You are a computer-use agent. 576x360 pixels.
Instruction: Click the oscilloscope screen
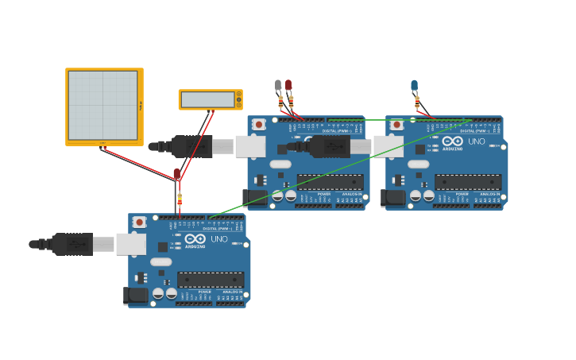pyautogui.click(x=103, y=105)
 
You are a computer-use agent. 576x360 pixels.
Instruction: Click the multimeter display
pyautogui.click(x=207, y=99)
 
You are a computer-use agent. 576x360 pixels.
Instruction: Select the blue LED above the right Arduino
pyautogui.click(x=414, y=85)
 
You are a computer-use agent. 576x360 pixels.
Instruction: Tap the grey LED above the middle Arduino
pyautogui.click(x=278, y=85)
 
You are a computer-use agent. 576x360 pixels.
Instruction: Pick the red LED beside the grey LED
pyautogui.click(x=288, y=85)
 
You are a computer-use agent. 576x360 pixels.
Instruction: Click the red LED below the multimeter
pyautogui.click(x=177, y=173)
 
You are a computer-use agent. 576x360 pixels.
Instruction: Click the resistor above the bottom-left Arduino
pyautogui.click(x=180, y=199)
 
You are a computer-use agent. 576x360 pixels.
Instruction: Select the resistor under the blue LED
pyautogui.click(x=417, y=102)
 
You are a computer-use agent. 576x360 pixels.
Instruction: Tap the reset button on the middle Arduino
pyautogui.click(x=259, y=125)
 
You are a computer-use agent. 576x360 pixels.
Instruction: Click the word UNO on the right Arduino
pyautogui.click(x=477, y=141)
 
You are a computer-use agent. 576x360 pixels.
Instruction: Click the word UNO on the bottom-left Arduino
pyautogui.click(x=219, y=239)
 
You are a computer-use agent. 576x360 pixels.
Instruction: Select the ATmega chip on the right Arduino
pyautogui.click(x=468, y=182)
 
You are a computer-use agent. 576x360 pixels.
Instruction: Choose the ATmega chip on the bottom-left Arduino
pyautogui.click(x=211, y=280)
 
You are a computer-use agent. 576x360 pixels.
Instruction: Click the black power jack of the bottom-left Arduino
pyautogui.click(x=137, y=296)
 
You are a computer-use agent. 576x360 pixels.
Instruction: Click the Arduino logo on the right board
pyautogui.click(x=453, y=141)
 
